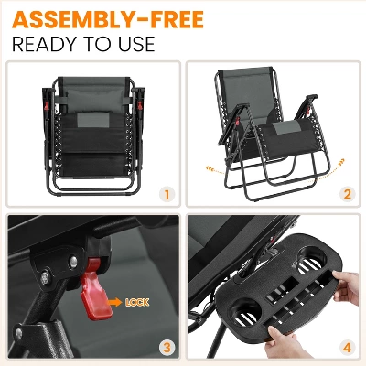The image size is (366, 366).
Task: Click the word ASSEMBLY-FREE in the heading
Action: (x=108, y=19)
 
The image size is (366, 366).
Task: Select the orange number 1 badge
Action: (x=167, y=195)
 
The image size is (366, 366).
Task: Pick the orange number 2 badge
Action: (x=348, y=195)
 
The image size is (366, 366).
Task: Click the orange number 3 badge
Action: (x=167, y=348)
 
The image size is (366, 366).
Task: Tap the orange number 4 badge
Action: (x=348, y=348)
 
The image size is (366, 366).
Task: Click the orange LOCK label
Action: (x=137, y=303)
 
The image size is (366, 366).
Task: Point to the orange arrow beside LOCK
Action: (x=115, y=302)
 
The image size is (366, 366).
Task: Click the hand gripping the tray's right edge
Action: (x=347, y=286)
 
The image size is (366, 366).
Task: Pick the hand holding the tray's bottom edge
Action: (x=284, y=345)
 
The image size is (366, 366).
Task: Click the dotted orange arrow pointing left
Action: (x=215, y=170)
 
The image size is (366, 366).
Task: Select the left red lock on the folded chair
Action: (x=47, y=105)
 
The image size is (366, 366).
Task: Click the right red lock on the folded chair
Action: (x=140, y=105)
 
